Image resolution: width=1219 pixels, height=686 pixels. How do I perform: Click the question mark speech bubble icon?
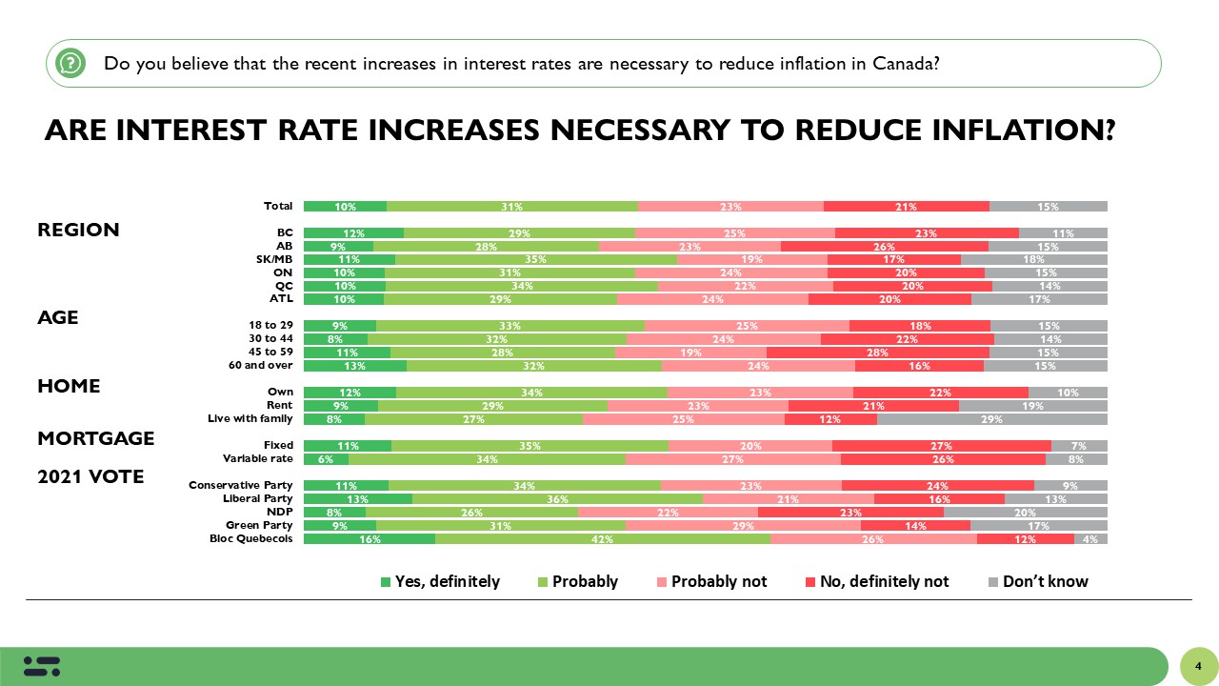(x=70, y=64)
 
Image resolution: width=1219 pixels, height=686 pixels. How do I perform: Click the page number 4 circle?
(x=1197, y=665)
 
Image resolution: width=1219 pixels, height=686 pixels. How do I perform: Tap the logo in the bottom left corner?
(x=42, y=666)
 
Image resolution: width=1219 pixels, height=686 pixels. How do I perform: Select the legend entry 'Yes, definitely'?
(x=440, y=581)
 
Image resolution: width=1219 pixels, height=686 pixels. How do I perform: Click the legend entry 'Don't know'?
(x=1038, y=581)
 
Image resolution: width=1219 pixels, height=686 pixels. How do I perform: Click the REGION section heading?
(x=78, y=230)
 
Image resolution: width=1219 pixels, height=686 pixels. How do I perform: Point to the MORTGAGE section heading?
(x=95, y=438)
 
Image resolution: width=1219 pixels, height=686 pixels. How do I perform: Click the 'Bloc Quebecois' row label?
(x=251, y=538)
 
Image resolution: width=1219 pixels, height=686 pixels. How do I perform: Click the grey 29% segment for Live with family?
(x=991, y=418)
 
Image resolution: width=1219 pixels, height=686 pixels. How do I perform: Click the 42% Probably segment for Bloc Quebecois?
(x=602, y=538)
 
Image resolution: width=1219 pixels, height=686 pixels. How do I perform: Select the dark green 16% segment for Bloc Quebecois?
(x=370, y=538)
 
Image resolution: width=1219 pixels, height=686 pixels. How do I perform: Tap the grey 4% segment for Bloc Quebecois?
(x=1090, y=538)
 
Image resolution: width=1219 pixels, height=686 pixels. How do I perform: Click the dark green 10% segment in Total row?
(x=345, y=206)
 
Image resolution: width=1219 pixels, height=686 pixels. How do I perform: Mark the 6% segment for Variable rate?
(x=326, y=458)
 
